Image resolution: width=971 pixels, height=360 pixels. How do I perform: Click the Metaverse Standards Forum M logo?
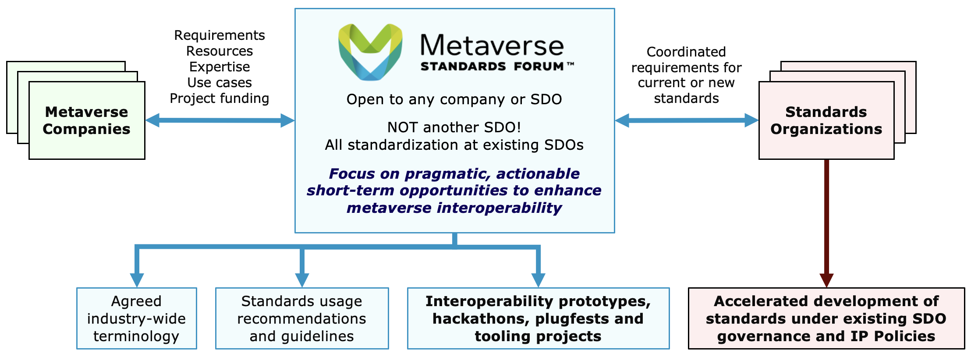tap(370, 52)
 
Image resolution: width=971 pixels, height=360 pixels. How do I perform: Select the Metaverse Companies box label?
tap(87, 120)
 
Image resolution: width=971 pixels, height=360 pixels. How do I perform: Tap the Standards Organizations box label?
tap(826, 120)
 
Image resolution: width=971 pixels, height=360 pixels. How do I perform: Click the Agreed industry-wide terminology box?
tap(137, 318)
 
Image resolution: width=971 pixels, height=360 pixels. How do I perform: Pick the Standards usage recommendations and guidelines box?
tap(302, 318)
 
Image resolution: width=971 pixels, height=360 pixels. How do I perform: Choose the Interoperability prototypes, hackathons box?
tap(539, 318)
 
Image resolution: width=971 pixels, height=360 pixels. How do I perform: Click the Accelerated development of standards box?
tap(826, 318)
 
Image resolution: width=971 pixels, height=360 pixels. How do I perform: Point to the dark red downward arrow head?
tap(826, 280)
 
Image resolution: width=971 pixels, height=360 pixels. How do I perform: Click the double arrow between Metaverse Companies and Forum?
tap(220, 120)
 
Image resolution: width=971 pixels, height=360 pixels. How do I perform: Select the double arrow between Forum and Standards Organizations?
tap(687, 120)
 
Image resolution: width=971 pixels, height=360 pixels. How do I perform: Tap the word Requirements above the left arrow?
tap(220, 35)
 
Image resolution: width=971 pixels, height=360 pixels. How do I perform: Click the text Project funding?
tap(220, 99)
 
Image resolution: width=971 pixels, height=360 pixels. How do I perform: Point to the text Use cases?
tap(220, 82)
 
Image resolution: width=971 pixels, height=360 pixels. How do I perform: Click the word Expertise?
tap(220, 67)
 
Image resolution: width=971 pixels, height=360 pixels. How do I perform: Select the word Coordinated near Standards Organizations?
tap(686, 52)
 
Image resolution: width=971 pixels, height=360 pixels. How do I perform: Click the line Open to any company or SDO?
tap(454, 99)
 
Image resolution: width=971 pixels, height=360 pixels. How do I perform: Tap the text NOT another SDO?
tap(454, 127)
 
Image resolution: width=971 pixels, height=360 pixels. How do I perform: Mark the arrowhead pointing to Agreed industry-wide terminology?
tap(137, 280)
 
